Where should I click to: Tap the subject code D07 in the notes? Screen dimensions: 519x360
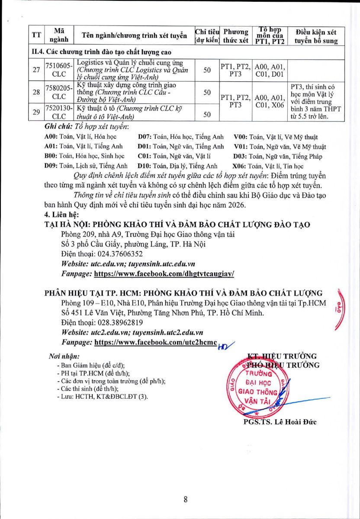point(144,137)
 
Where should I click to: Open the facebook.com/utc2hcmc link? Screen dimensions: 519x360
point(155,342)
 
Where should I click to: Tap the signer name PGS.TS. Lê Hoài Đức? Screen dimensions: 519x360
point(280,422)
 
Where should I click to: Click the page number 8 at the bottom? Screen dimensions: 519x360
point(186,500)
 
